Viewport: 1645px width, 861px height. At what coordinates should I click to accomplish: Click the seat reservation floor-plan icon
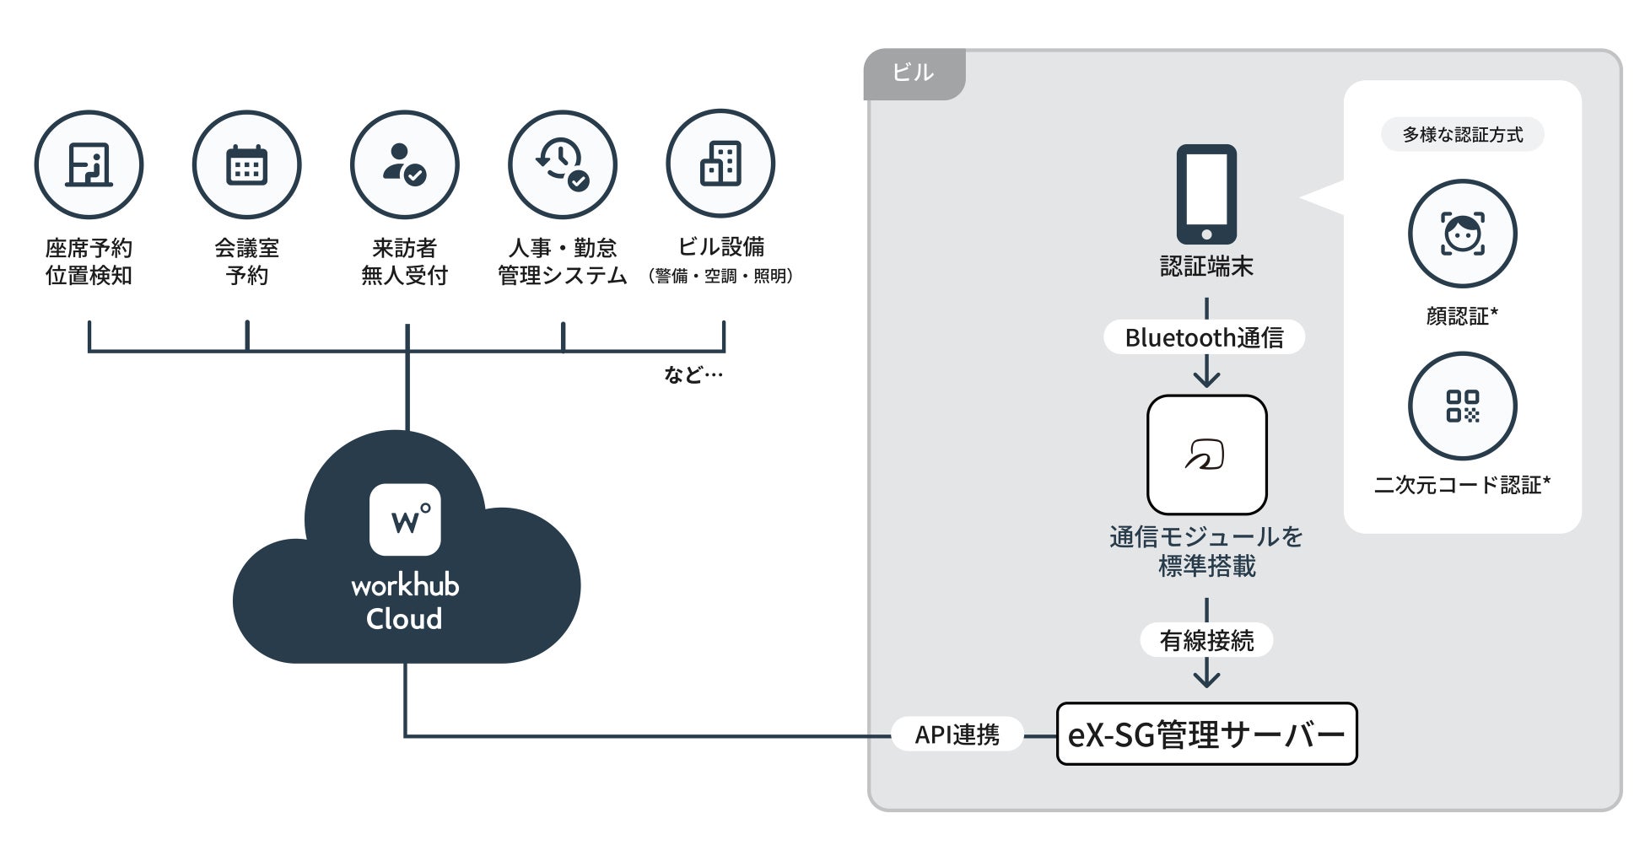(x=89, y=164)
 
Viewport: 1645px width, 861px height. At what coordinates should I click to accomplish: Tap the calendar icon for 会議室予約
(x=246, y=164)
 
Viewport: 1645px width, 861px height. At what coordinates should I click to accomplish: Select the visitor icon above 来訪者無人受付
(x=404, y=164)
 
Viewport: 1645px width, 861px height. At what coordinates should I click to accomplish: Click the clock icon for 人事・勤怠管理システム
(x=562, y=164)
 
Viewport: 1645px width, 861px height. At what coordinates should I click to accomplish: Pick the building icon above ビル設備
(x=720, y=164)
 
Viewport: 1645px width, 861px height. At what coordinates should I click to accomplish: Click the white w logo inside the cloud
(x=405, y=519)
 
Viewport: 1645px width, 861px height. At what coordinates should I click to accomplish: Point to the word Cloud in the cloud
(x=404, y=619)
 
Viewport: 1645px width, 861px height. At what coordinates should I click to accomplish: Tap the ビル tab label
(x=914, y=73)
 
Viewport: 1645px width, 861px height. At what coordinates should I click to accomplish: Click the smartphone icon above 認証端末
(x=1206, y=194)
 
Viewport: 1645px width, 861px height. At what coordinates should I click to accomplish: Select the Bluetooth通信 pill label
(x=1204, y=337)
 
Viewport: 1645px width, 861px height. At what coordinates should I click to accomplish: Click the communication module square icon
(x=1206, y=455)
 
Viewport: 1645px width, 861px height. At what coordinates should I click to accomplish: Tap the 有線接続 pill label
(x=1206, y=641)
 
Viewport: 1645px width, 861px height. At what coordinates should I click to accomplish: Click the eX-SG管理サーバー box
(x=1206, y=735)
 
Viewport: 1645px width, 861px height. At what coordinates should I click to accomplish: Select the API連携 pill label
(x=957, y=735)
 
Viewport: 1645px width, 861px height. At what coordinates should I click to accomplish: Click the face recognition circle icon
(x=1462, y=234)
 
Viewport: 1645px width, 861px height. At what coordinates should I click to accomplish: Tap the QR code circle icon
(x=1462, y=406)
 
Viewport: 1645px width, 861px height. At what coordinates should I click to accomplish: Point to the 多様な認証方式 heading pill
(x=1462, y=135)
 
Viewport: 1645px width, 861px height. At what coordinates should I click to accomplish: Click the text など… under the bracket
(x=693, y=374)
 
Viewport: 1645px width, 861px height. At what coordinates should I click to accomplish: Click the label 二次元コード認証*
(x=1462, y=485)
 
